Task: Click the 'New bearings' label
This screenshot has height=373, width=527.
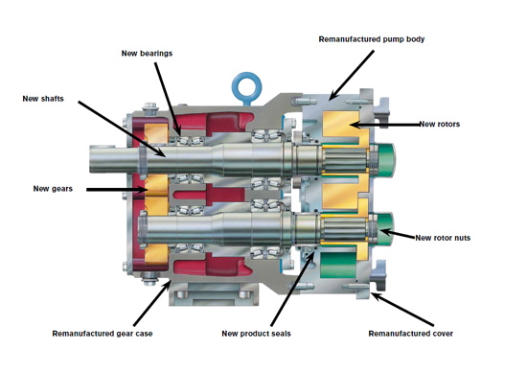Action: [x=147, y=54]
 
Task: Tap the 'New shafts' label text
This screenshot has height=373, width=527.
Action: [x=43, y=99]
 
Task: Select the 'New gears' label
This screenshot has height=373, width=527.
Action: [x=53, y=189]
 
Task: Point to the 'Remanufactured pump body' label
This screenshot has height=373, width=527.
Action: [x=372, y=39]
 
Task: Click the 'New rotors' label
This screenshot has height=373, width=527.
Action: [x=439, y=124]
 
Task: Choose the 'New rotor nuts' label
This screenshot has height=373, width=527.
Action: [x=443, y=238]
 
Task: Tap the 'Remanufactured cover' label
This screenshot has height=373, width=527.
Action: [x=411, y=334]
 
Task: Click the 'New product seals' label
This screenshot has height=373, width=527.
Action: [x=256, y=334]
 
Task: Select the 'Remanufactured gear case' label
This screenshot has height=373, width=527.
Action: [x=103, y=334]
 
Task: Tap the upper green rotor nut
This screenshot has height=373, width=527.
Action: [x=385, y=159]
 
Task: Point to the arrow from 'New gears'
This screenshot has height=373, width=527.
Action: [x=117, y=190]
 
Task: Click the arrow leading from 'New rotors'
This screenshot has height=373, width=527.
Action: [x=384, y=125]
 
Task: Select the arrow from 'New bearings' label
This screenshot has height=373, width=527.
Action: [x=168, y=99]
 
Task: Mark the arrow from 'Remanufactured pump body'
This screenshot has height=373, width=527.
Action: [x=352, y=76]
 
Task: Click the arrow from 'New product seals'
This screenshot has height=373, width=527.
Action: [x=293, y=289]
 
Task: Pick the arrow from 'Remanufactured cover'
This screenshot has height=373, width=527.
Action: [x=402, y=310]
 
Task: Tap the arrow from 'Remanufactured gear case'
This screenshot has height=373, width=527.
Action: [x=152, y=303]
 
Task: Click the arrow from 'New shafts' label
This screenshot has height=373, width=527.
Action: [x=122, y=128]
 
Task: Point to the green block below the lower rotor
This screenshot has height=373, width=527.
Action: [x=338, y=265]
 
